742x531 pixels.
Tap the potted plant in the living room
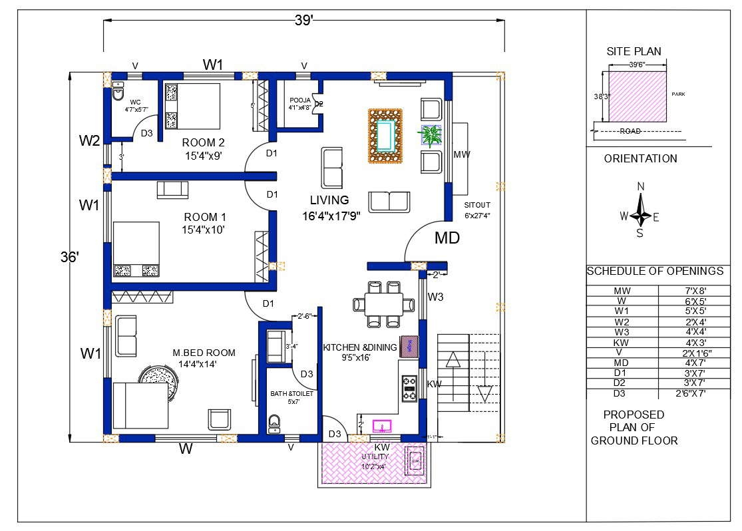click(431, 135)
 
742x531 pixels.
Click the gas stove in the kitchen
click(409, 389)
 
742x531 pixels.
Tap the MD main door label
click(447, 238)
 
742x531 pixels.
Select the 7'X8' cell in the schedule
click(691, 291)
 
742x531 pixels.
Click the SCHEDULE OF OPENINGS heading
click(654, 271)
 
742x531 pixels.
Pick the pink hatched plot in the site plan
click(638, 97)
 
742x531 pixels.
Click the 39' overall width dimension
click(303, 21)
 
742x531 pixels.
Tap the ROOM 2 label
click(203, 142)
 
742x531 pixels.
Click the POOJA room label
click(300, 99)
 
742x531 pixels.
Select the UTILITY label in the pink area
click(375, 457)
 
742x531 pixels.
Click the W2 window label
click(89, 140)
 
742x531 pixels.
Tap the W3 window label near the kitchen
click(435, 297)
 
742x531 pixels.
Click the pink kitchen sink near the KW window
click(382, 425)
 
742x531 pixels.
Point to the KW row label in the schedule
click(622, 342)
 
